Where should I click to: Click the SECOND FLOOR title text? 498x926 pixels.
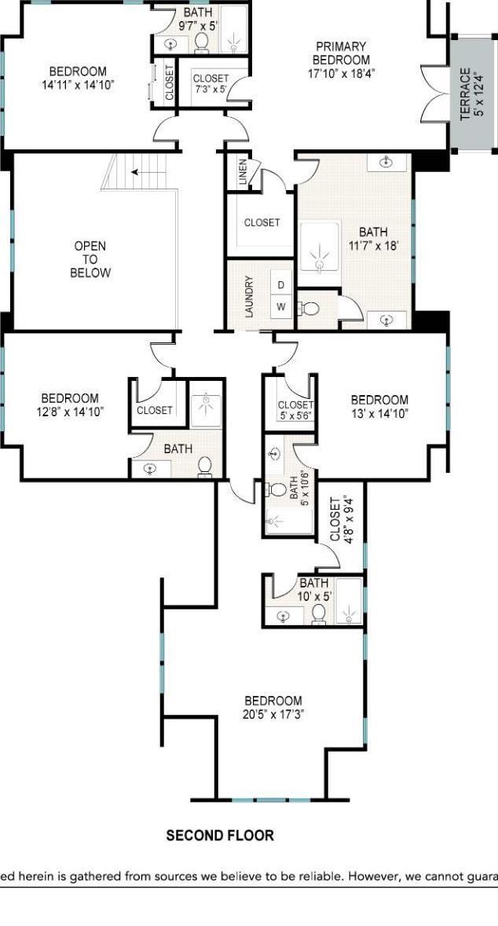pos(220,836)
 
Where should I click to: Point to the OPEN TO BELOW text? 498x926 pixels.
pos(90,259)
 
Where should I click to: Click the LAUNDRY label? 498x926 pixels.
pos(249,296)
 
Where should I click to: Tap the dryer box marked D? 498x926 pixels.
pos(280,285)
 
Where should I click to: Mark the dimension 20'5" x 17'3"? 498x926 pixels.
pos(273,715)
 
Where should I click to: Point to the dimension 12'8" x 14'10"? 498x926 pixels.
pos(70,412)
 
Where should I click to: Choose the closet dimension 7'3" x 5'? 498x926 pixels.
pos(211,90)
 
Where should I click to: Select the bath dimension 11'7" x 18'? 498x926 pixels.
pos(373,246)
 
